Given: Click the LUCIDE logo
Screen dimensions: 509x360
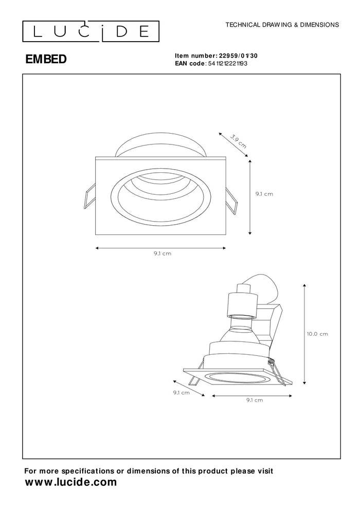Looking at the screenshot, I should click(91, 32).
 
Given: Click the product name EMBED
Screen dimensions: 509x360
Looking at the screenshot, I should click(46, 60).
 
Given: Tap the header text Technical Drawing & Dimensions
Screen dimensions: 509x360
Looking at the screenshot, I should click(282, 24).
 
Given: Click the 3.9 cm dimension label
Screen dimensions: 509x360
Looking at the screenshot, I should click(238, 140).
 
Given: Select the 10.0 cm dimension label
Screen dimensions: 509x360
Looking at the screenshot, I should click(317, 334).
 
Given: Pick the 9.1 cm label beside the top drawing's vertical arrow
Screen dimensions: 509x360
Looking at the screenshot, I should click(264, 194).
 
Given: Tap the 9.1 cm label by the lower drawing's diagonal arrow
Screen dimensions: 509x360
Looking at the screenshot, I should click(182, 392).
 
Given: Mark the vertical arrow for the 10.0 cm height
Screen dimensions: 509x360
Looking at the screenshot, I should click(305, 334).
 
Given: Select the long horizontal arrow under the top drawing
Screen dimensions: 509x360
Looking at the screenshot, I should click(161, 248).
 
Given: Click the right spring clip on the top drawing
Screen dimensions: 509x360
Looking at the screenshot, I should click(231, 201).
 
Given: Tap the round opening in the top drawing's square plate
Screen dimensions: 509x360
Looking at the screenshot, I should click(160, 195).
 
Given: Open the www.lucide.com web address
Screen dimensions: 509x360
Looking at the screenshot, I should click(71, 482).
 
